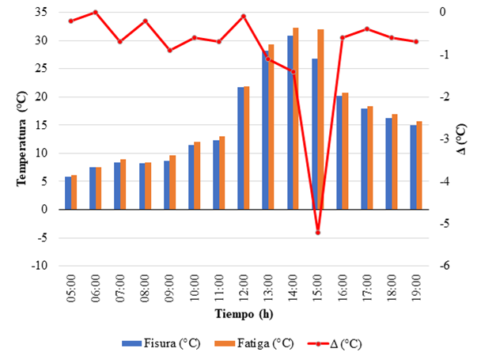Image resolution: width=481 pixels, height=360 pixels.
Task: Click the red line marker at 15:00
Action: (x=318, y=233)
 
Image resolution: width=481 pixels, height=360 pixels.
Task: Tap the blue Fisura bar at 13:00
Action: (x=265, y=131)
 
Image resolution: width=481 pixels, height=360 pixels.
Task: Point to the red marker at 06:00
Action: (x=96, y=12)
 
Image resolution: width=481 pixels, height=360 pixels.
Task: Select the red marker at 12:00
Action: (x=244, y=16)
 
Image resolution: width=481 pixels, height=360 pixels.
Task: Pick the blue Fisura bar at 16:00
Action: (x=339, y=153)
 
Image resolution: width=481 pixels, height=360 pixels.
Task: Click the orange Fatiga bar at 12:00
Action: (x=246, y=148)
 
